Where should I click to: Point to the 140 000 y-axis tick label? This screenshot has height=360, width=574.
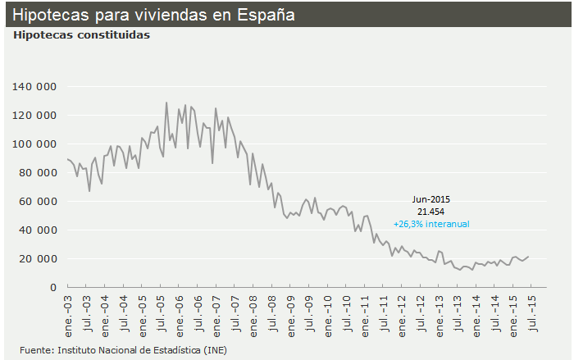point(34,86)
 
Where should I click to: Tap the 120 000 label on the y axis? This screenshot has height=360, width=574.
point(34,115)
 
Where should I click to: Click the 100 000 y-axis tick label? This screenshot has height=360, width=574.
point(34,144)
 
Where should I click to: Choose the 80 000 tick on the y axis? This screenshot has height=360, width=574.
point(38,172)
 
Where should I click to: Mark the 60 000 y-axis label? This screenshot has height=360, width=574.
point(38,201)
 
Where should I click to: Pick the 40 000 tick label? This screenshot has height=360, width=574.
point(38,230)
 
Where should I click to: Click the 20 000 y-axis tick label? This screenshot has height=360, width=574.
point(38,258)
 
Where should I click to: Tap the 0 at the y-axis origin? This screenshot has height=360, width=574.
point(52,287)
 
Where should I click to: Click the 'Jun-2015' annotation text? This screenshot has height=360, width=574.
point(431,199)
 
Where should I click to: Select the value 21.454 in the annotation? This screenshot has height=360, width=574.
point(431,211)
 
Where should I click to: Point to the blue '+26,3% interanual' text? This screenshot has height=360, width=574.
point(431,223)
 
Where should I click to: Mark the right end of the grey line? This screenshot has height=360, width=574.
point(530,256)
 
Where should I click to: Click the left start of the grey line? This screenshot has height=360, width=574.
point(67,159)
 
